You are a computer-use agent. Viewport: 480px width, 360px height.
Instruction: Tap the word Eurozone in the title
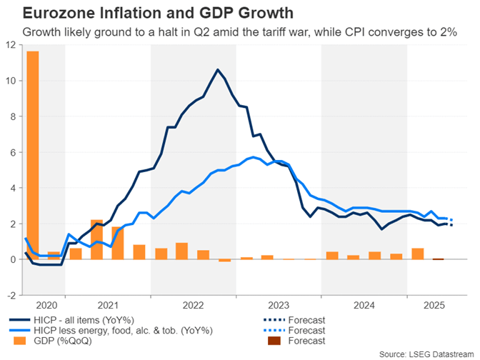pos(48,14)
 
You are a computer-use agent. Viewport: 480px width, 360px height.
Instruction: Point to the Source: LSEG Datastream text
pos(425,353)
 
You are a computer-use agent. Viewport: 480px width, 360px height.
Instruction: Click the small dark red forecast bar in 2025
pos(438,259)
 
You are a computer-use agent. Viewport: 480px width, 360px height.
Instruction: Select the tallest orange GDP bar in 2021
pos(97,239)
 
